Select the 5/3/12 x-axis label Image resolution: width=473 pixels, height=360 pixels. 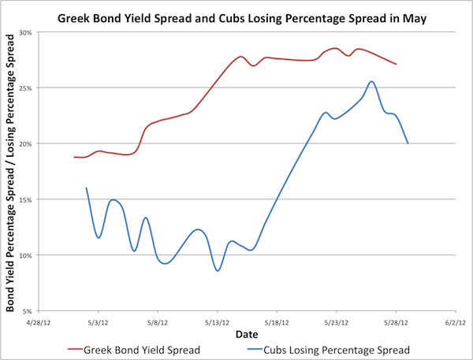[97, 322]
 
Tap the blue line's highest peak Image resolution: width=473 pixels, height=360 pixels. [371, 81]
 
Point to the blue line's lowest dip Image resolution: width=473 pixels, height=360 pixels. [218, 270]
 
